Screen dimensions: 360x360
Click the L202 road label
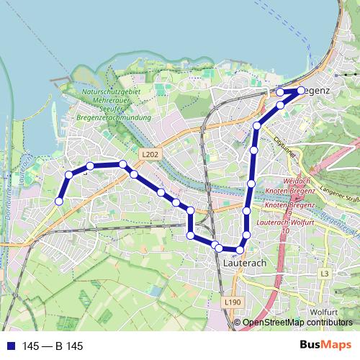pyautogui.click(x=150, y=154)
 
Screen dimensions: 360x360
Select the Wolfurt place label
pyautogui.click(x=327, y=312)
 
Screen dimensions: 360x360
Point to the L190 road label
pyautogui.click(x=231, y=302)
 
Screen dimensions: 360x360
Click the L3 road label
pyautogui.click(x=325, y=274)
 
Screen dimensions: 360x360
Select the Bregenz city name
pyautogui.click(x=315, y=91)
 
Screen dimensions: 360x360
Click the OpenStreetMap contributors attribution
pyautogui.click(x=298, y=323)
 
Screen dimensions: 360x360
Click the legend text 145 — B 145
pyautogui.click(x=53, y=346)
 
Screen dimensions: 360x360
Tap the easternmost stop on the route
pyautogui.click(x=301, y=91)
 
